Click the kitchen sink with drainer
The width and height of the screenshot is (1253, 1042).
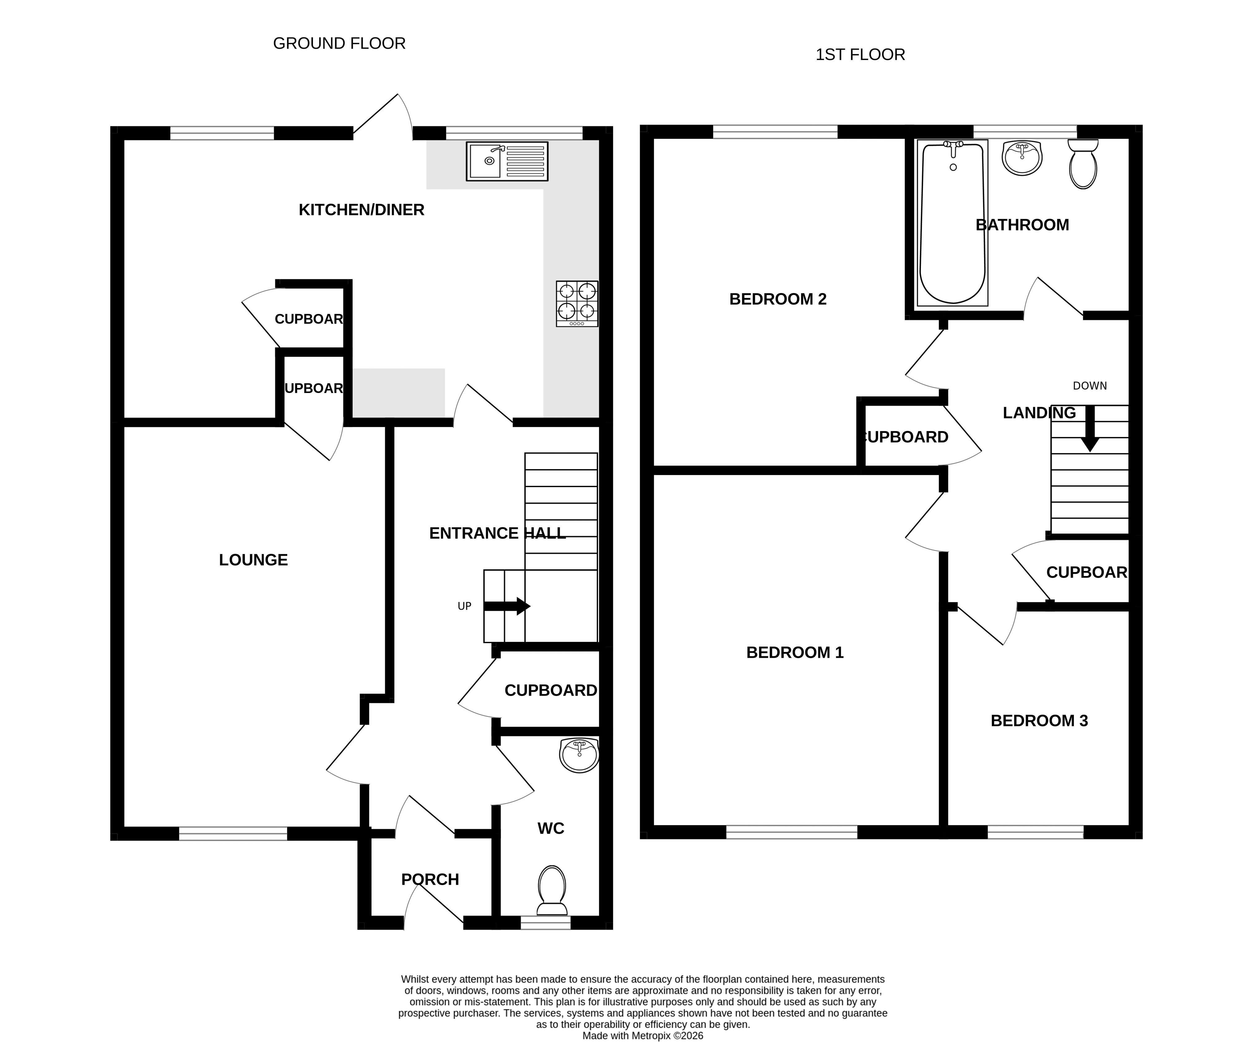(x=507, y=161)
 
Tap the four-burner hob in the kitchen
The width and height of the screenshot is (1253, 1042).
(x=577, y=304)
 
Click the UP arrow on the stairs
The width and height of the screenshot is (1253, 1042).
(x=507, y=606)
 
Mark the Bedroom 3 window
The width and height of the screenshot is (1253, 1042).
(x=1035, y=832)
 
